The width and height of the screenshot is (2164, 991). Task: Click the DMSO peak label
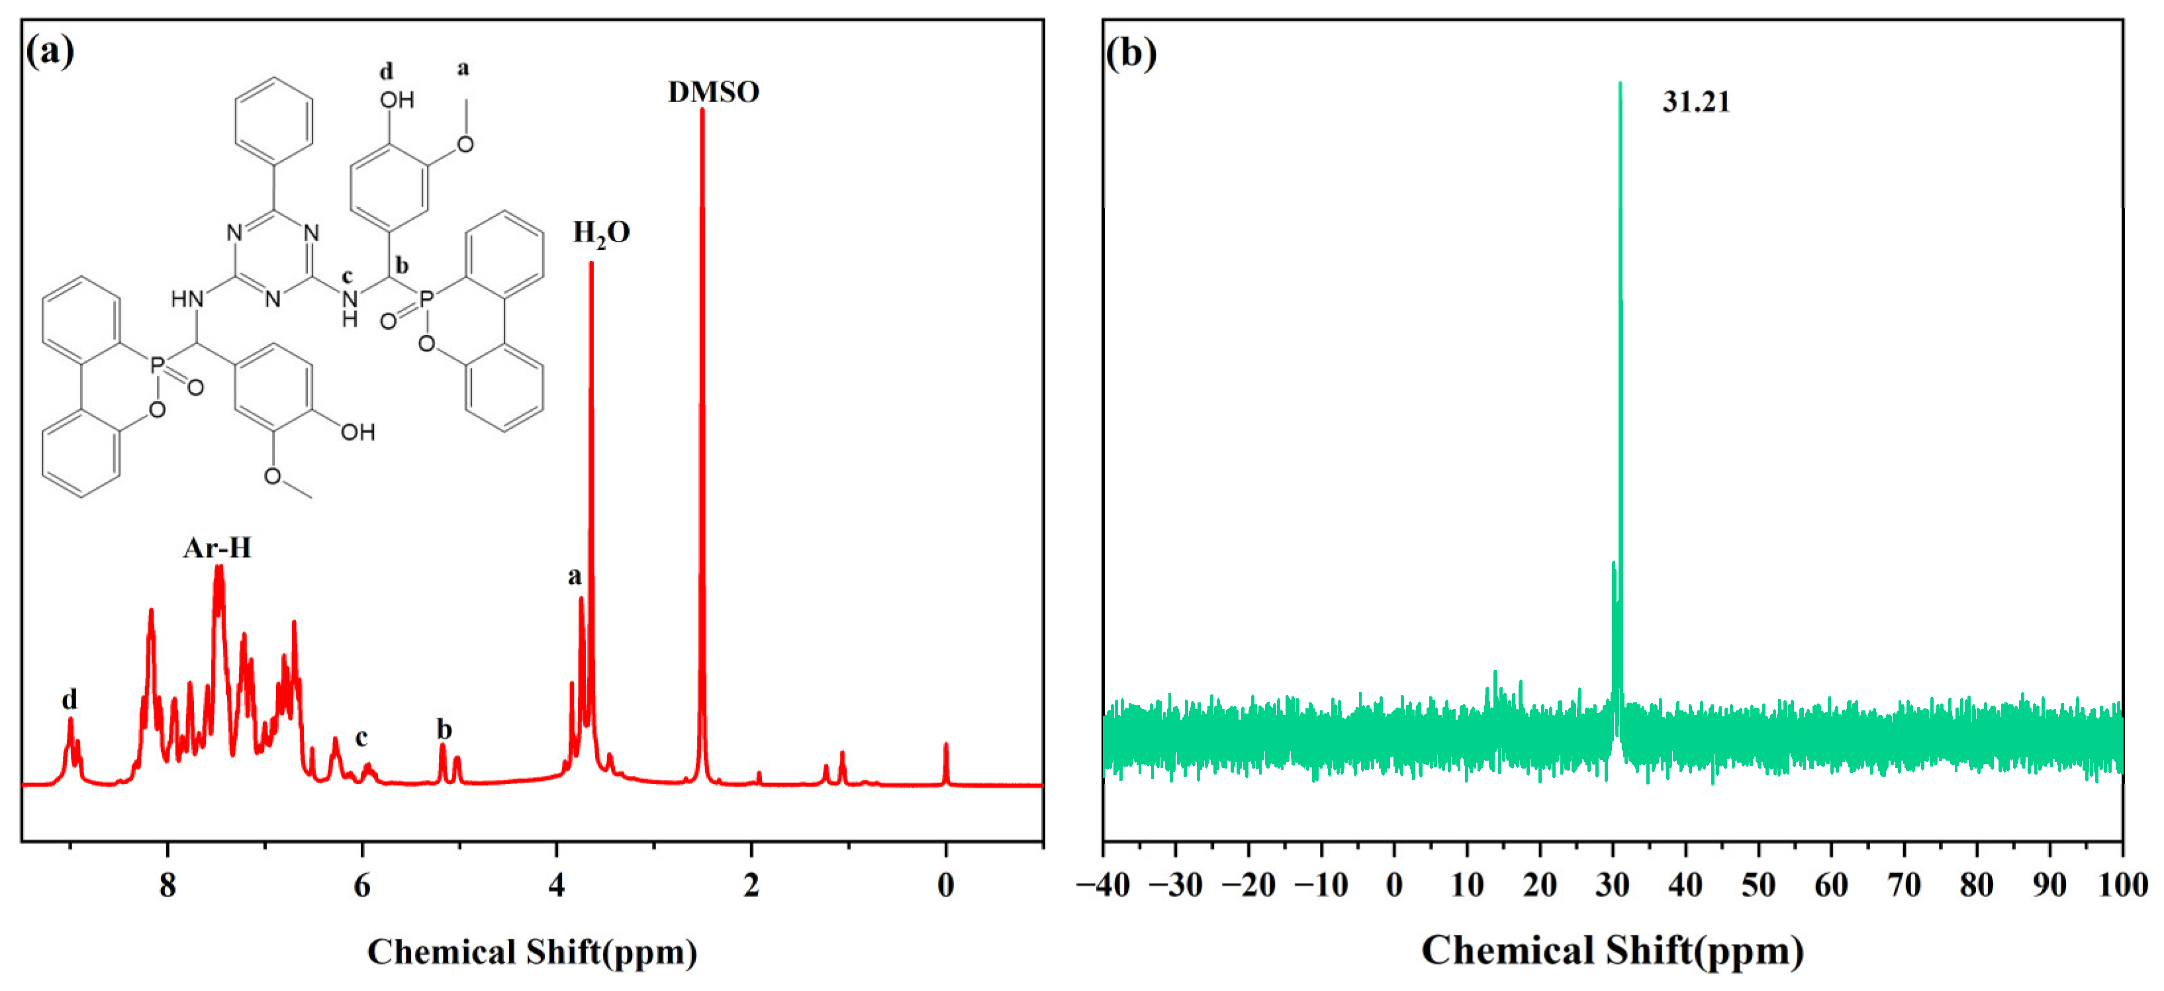click(713, 91)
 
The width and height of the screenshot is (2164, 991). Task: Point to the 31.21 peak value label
click(1696, 103)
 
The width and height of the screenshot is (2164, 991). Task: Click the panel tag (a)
click(50, 52)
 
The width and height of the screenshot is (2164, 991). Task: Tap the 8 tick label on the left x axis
click(167, 884)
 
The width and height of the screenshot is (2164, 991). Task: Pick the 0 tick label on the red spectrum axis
click(945, 884)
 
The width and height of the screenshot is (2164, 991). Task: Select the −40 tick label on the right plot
click(1103, 884)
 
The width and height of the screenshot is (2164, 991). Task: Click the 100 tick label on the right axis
click(2122, 884)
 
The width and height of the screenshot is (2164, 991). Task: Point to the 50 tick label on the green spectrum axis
click(1758, 884)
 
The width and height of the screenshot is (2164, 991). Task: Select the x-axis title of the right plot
click(1612, 951)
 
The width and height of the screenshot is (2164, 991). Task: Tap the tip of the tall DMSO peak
click(702, 111)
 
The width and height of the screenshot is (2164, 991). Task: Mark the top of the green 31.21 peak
click(1620, 84)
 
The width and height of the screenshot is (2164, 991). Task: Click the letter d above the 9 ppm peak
click(70, 699)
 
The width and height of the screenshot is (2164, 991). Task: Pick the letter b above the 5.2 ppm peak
click(444, 729)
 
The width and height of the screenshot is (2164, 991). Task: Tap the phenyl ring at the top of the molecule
click(274, 120)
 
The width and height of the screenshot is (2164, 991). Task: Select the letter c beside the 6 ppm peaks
click(361, 737)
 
